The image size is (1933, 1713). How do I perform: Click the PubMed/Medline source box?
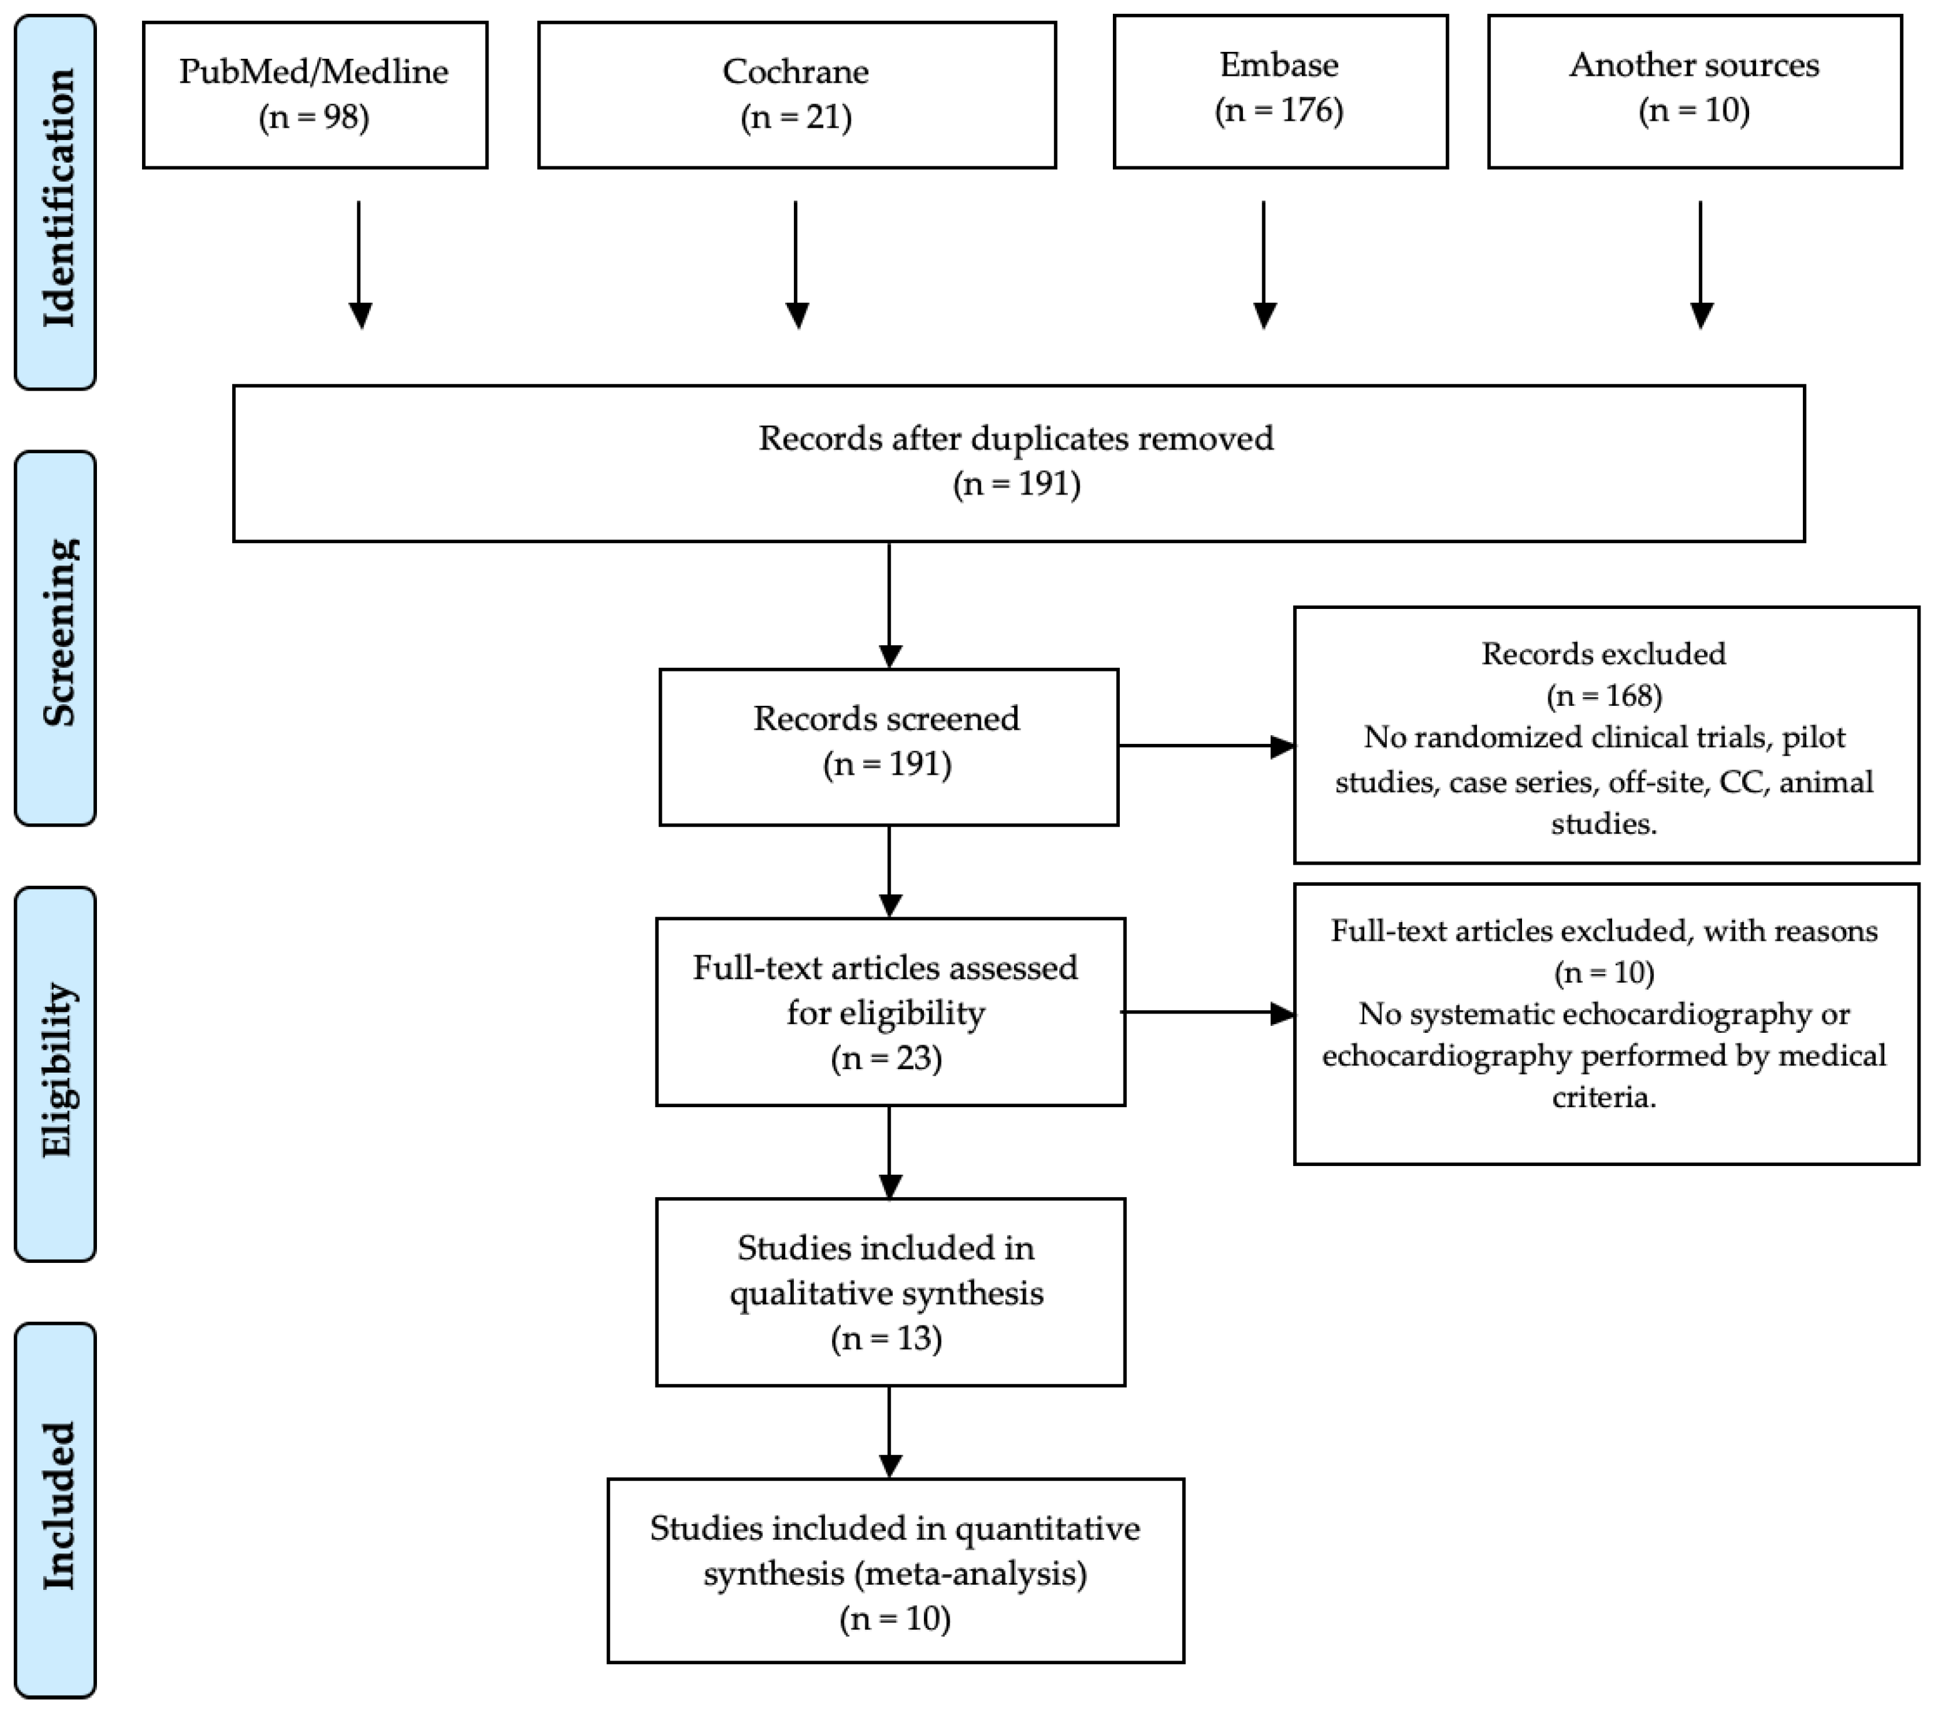tap(315, 94)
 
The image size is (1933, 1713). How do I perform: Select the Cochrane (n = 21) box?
tap(796, 94)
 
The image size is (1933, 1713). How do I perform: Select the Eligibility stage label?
tap(57, 1071)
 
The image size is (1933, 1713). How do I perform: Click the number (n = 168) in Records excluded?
tap(1604, 696)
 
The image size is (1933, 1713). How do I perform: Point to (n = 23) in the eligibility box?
tap(886, 1058)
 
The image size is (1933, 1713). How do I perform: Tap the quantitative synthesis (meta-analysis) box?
tap(895, 1571)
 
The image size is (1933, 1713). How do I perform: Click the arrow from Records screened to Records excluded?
tap(1205, 746)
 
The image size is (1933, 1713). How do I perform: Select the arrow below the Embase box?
tap(1264, 264)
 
